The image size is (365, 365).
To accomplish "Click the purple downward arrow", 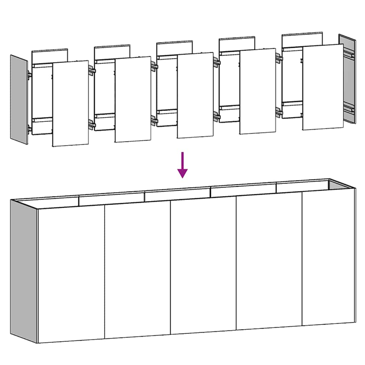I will [x=182, y=166].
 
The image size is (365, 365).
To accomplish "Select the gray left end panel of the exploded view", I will [x=19, y=99].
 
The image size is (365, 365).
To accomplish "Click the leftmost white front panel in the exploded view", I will [x=71, y=103].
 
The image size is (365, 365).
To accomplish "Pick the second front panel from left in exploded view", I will [x=133, y=99].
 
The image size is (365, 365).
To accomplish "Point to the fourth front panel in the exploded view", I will [x=258, y=91].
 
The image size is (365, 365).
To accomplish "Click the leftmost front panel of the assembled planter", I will [x=71, y=274].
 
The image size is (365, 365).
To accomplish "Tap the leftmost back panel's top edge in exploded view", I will [x=50, y=50].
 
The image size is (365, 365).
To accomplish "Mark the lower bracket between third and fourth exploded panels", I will [x=216, y=117].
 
